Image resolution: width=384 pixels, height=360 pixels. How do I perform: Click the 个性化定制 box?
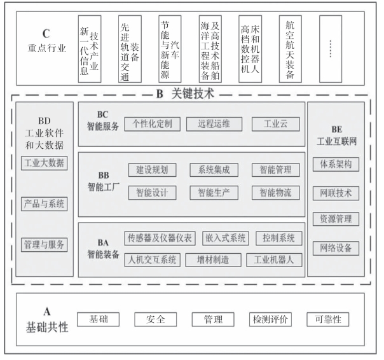[x=153, y=123]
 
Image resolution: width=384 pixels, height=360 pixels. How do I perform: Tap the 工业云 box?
[x=275, y=123]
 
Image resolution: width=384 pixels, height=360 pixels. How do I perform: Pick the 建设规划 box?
[x=153, y=170]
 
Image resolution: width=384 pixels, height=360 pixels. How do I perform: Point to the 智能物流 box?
[x=275, y=191]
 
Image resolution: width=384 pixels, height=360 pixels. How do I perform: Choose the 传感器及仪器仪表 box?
[x=160, y=239]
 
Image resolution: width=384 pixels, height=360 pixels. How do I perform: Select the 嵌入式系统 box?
[x=226, y=239]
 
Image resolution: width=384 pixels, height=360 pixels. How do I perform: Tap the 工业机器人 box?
[x=274, y=260]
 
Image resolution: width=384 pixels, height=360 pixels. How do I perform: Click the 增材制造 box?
[x=214, y=260]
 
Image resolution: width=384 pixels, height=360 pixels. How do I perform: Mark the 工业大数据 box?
[x=44, y=163]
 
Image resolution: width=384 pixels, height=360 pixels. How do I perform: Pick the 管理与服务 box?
[x=44, y=244]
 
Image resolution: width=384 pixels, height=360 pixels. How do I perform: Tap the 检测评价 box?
[x=271, y=319]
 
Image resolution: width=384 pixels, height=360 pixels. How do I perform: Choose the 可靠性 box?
[x=327, y=319]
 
